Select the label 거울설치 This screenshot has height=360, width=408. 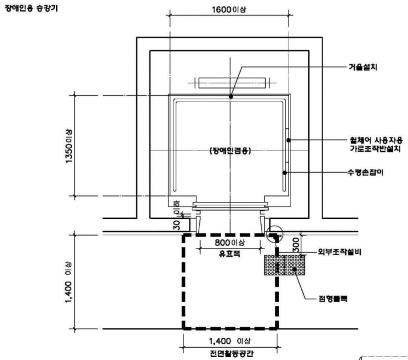point(361,67)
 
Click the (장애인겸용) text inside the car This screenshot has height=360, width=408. point(230,151)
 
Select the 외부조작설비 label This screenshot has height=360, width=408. point(340,253)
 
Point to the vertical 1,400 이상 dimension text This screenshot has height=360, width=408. point(69,281)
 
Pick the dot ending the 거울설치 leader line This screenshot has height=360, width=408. point(231,96)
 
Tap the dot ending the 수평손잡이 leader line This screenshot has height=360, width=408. point(284,173)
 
